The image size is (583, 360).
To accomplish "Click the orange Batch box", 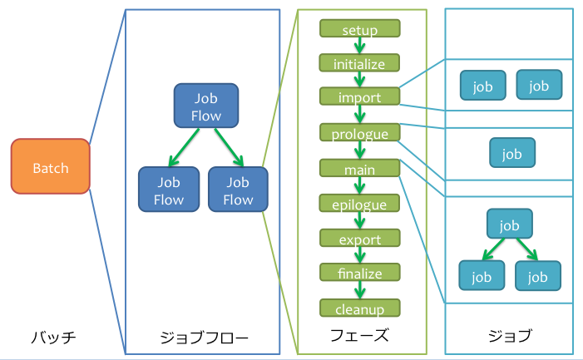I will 50,167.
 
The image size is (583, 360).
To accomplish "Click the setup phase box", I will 359,29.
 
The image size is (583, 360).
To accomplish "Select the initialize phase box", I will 359,63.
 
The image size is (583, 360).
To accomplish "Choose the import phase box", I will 359,96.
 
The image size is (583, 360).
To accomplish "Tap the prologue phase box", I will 359,133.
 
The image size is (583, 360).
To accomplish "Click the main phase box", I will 359,169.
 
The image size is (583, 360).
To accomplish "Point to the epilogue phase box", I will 359,204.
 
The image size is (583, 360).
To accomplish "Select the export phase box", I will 359,239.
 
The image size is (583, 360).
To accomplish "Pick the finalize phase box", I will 359,273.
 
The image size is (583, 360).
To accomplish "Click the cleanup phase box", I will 359,308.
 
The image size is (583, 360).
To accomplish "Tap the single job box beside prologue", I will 511,154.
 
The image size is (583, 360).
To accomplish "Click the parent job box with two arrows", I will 509,224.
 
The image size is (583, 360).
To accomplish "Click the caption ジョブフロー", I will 204,338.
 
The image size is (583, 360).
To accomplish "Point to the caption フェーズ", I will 359,337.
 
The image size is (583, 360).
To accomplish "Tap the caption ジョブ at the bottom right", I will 509,337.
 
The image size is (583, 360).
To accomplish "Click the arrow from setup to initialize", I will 360,47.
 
